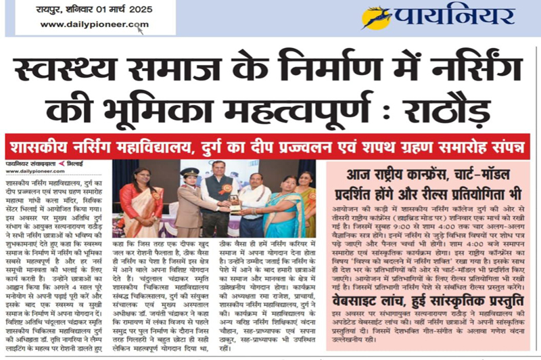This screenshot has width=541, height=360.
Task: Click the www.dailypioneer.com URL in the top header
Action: [94, 25]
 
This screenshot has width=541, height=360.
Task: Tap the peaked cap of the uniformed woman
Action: [191, 173]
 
